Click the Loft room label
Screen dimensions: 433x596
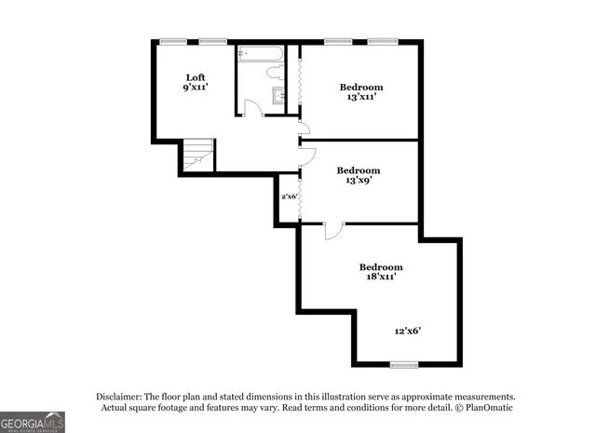[195, 77]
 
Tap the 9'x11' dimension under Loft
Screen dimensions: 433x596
[195, 88]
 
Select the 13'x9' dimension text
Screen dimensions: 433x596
[359, 180]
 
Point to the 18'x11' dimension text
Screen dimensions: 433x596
[381, 277]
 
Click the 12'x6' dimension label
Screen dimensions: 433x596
[408, 331]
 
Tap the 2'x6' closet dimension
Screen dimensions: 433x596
[289, 196]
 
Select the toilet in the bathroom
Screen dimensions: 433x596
[276, 72]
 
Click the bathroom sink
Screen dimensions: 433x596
[278, 95]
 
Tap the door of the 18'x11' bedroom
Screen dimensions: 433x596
[333, 230]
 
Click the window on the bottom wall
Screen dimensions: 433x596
[403, 364]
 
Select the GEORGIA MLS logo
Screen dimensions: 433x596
[33, 422]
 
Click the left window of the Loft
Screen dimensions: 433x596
[170, 40]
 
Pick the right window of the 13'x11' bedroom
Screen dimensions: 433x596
[382, 40]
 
